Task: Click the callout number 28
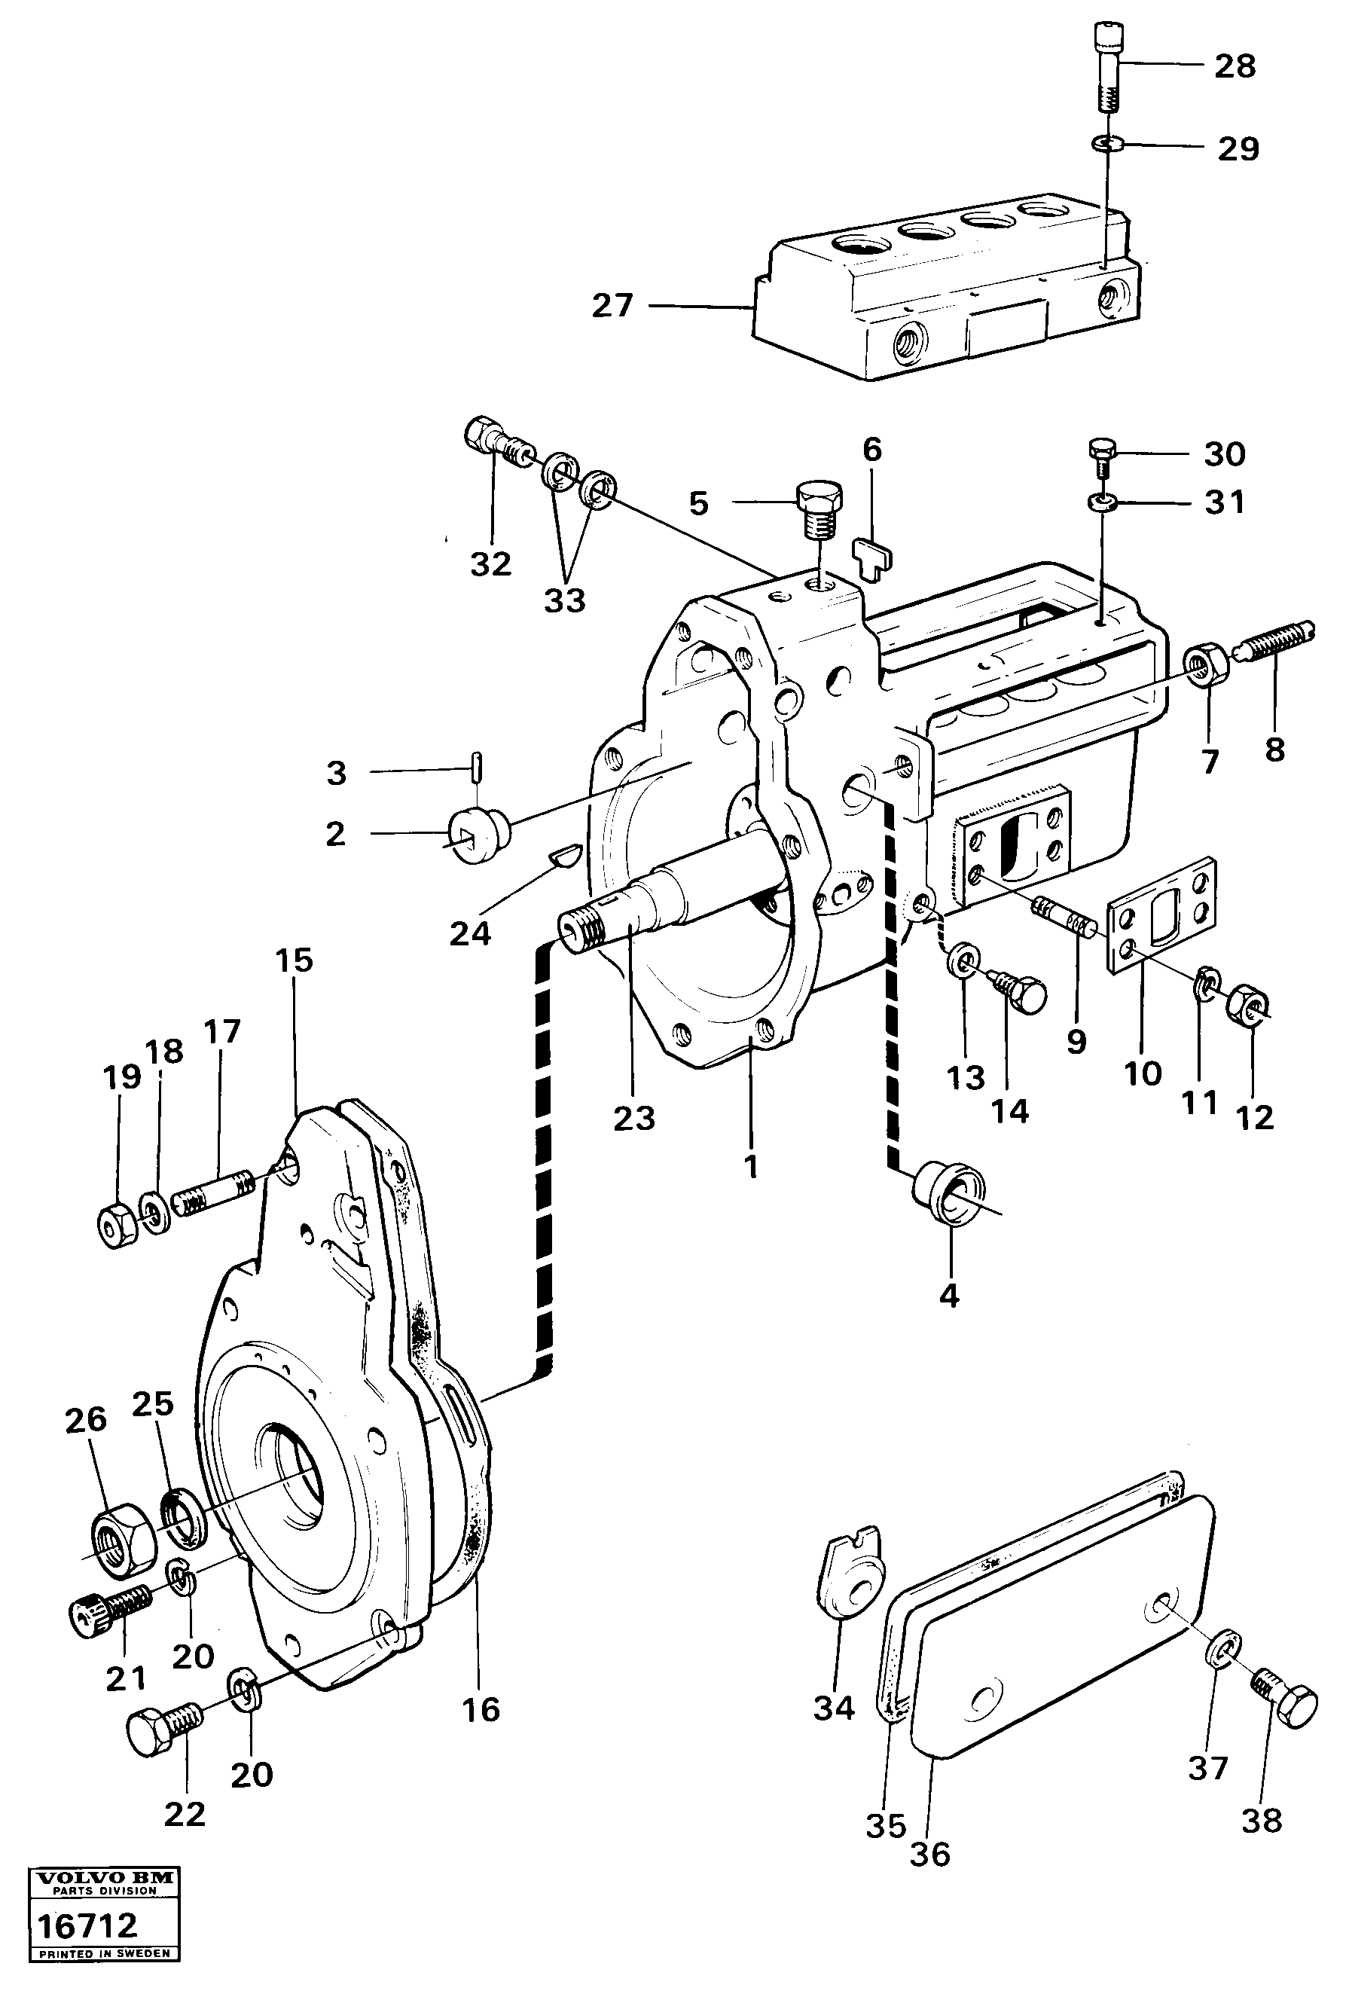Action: point(1235,66)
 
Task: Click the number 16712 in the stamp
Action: point(86,1924)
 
